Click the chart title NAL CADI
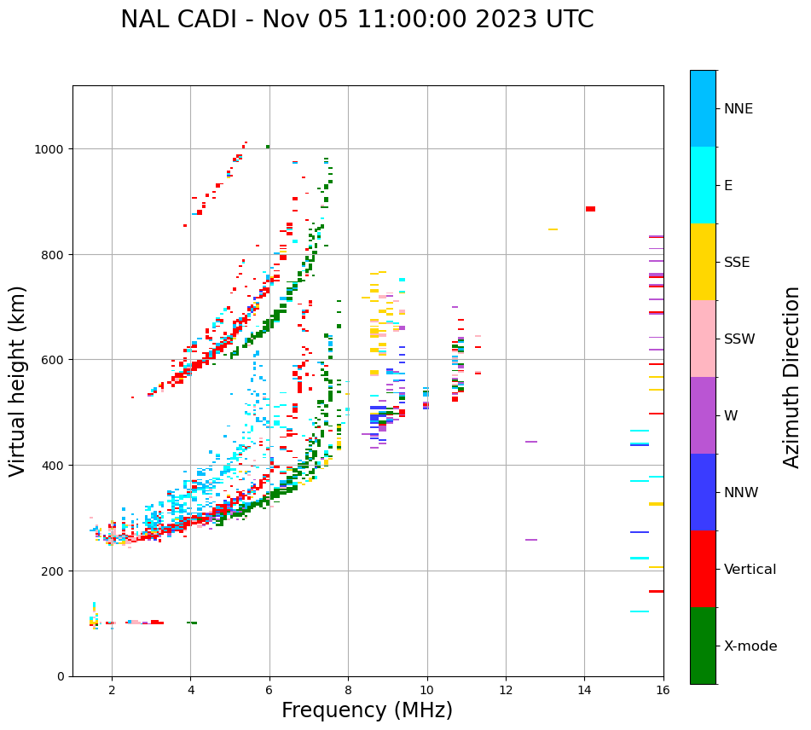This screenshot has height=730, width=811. pyautogui.click(x=356, y=20)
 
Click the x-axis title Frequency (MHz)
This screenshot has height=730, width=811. pyautogui.click(x=367, y=710)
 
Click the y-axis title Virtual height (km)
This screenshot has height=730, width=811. pyautogui.click(x=18, y=380)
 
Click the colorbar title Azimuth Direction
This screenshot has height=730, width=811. pyautogui.click(x=792, y=377)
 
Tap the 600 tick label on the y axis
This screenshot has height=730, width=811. pyautogui.click(x=56, y=360)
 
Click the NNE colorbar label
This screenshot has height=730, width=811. pyautogui.click(x=739, y=109)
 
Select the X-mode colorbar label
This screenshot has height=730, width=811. pyautogui.click(x=750, y=646)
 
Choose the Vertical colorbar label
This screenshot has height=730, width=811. pyautogui.click(x=750, y=570)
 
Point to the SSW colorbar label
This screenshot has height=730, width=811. pyautogui.click(x=739, y=339)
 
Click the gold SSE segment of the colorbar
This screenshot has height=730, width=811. pyautogui.click(x=703, y=262)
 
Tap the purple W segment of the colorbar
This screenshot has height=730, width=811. pyautogui.click(x=703, y=415)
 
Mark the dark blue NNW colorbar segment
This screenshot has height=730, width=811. pyautogui.click(x=703, y=492)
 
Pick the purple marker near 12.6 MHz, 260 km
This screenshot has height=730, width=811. pyautogui.click(x=531, y=540)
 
